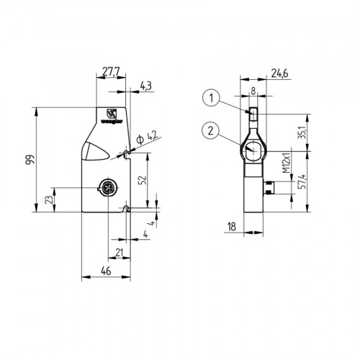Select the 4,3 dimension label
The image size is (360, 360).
click(145, 86)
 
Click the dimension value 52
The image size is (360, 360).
click(144, 179)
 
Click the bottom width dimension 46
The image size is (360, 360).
click(104, 271)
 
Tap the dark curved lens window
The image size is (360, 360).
click(93, 151)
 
